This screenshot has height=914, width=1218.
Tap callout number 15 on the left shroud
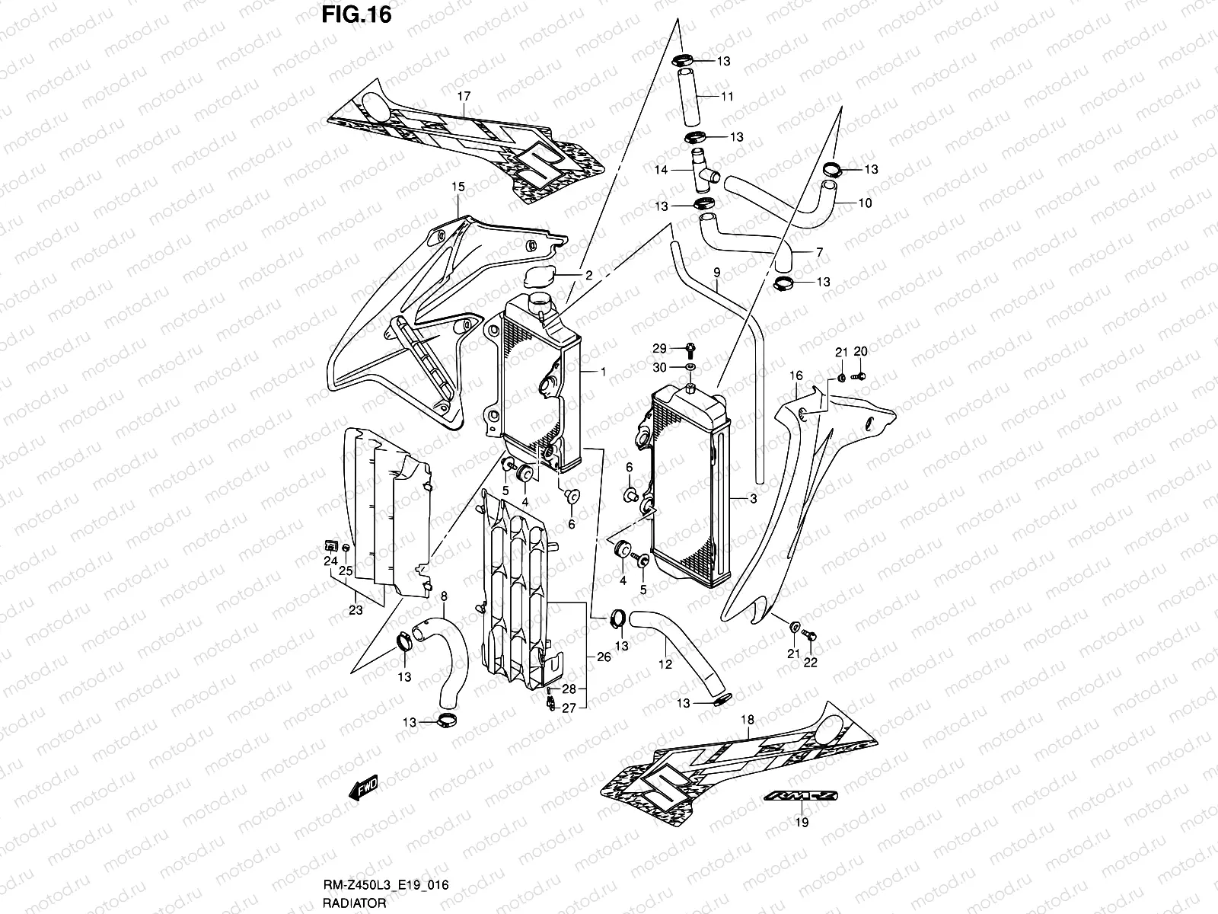458,186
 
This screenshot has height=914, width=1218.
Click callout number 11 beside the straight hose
727,97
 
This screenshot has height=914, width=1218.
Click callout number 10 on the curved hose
865,203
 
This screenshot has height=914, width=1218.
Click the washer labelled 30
689,368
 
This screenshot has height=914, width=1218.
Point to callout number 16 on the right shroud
796,376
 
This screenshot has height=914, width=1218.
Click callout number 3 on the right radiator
753,499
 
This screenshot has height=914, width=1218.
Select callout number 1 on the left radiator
603,372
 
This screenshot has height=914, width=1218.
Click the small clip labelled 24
330,544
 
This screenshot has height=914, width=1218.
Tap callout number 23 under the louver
355,609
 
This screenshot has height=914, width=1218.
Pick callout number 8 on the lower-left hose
444,596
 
